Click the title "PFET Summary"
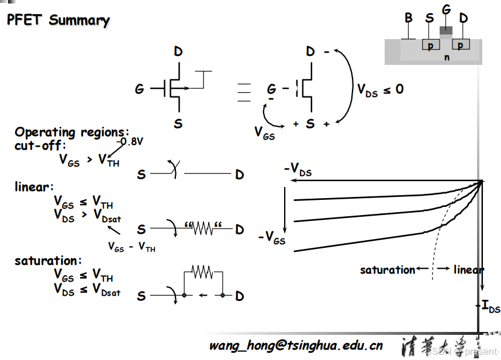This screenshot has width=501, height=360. click(x=58, y=20)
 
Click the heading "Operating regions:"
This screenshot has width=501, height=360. click(x=72, y=132)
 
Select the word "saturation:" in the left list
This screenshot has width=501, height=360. click(x=49, y=261)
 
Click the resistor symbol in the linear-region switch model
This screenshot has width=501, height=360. click(x=203, y=229)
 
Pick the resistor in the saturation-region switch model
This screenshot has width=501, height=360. click(x=203, y=272)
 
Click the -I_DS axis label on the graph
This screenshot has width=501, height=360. click(x=488, y=307)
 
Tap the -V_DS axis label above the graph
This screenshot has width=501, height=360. click(x=298, y=170)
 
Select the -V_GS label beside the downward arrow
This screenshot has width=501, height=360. click(x=272, y=237)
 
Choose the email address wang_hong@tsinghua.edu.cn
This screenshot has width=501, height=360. click(x=296, y=345)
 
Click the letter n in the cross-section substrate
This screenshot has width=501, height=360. click(x=447, y=57)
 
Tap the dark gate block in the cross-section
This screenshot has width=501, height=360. click(x=446, y=30)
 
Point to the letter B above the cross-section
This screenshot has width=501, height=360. click(x=409, y=18)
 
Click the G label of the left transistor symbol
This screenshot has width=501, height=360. click(x=139, y=89)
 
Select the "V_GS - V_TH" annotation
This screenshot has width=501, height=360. click(x=132, y=247)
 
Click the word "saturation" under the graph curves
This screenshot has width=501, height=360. click(x=387, y=269)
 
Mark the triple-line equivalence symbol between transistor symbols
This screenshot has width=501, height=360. click(x=243, y=92)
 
